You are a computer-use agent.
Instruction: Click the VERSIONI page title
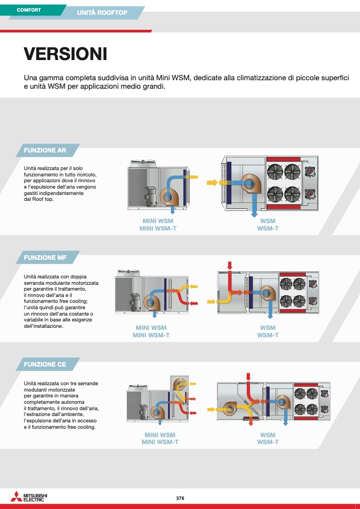coord(65,54)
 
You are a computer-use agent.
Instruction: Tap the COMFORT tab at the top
coord(29,10)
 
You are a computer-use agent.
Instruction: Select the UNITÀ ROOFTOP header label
coord(102,13)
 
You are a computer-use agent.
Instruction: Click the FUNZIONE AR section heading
coord(45,150)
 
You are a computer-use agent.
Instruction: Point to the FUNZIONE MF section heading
coord(45,257)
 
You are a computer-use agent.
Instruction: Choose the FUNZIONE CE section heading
coord(45,364)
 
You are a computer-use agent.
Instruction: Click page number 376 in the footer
coord(180,498)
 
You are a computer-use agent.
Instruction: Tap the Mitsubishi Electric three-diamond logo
coord(16,496)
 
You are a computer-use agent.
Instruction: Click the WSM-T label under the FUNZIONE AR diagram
coord(267,228)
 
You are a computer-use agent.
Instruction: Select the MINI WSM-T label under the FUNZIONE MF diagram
coord(151,335)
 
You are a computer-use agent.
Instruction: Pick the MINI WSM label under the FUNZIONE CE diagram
coord(160,435)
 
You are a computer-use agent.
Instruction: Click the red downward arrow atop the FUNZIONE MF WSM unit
coord(230,265)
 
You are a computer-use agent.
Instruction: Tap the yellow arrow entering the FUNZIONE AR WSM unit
coord(212,182)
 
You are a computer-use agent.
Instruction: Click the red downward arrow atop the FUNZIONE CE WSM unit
coord(248,377)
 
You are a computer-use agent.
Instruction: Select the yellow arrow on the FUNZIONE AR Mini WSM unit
coord(194,177)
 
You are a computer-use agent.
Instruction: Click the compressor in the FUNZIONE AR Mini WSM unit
coord(151,196)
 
